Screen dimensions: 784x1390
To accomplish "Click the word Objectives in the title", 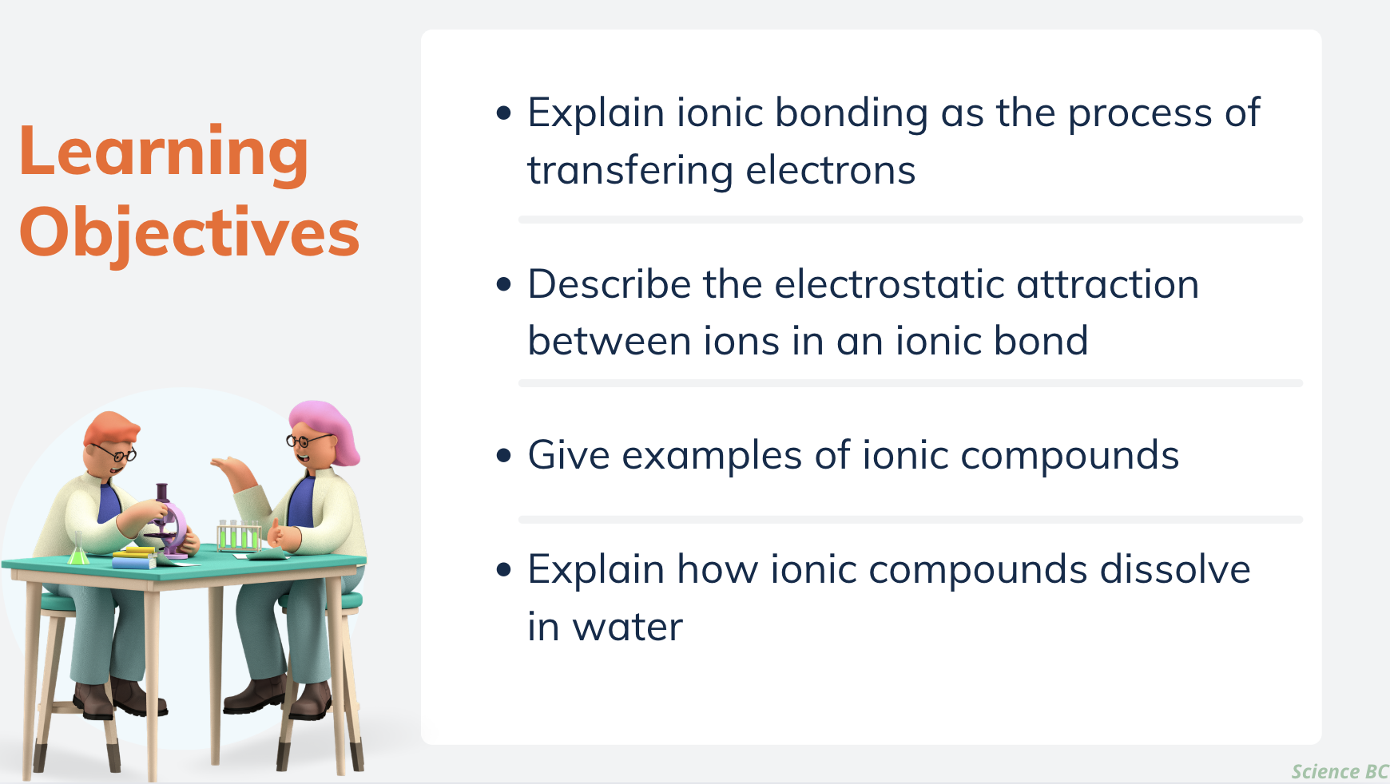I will tap(189, 232).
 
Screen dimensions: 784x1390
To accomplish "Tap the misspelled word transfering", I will tap(630, 170).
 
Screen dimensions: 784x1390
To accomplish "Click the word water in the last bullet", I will tap(628, 627).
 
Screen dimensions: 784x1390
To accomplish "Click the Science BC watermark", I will tap(1340, 771).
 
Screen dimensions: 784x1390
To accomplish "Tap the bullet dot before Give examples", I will tap(503, 456).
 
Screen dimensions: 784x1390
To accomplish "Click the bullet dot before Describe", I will tap(503, 284).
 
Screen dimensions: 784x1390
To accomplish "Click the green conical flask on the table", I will tap(78, 550).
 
